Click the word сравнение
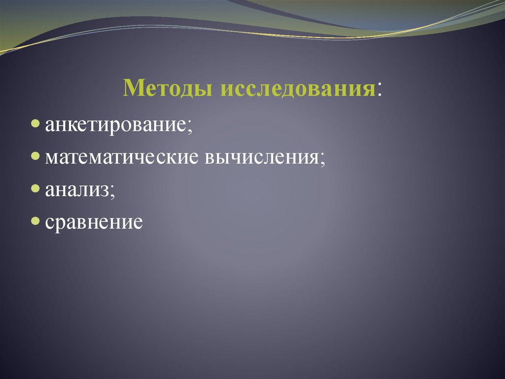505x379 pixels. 94,223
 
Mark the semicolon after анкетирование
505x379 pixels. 189,126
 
